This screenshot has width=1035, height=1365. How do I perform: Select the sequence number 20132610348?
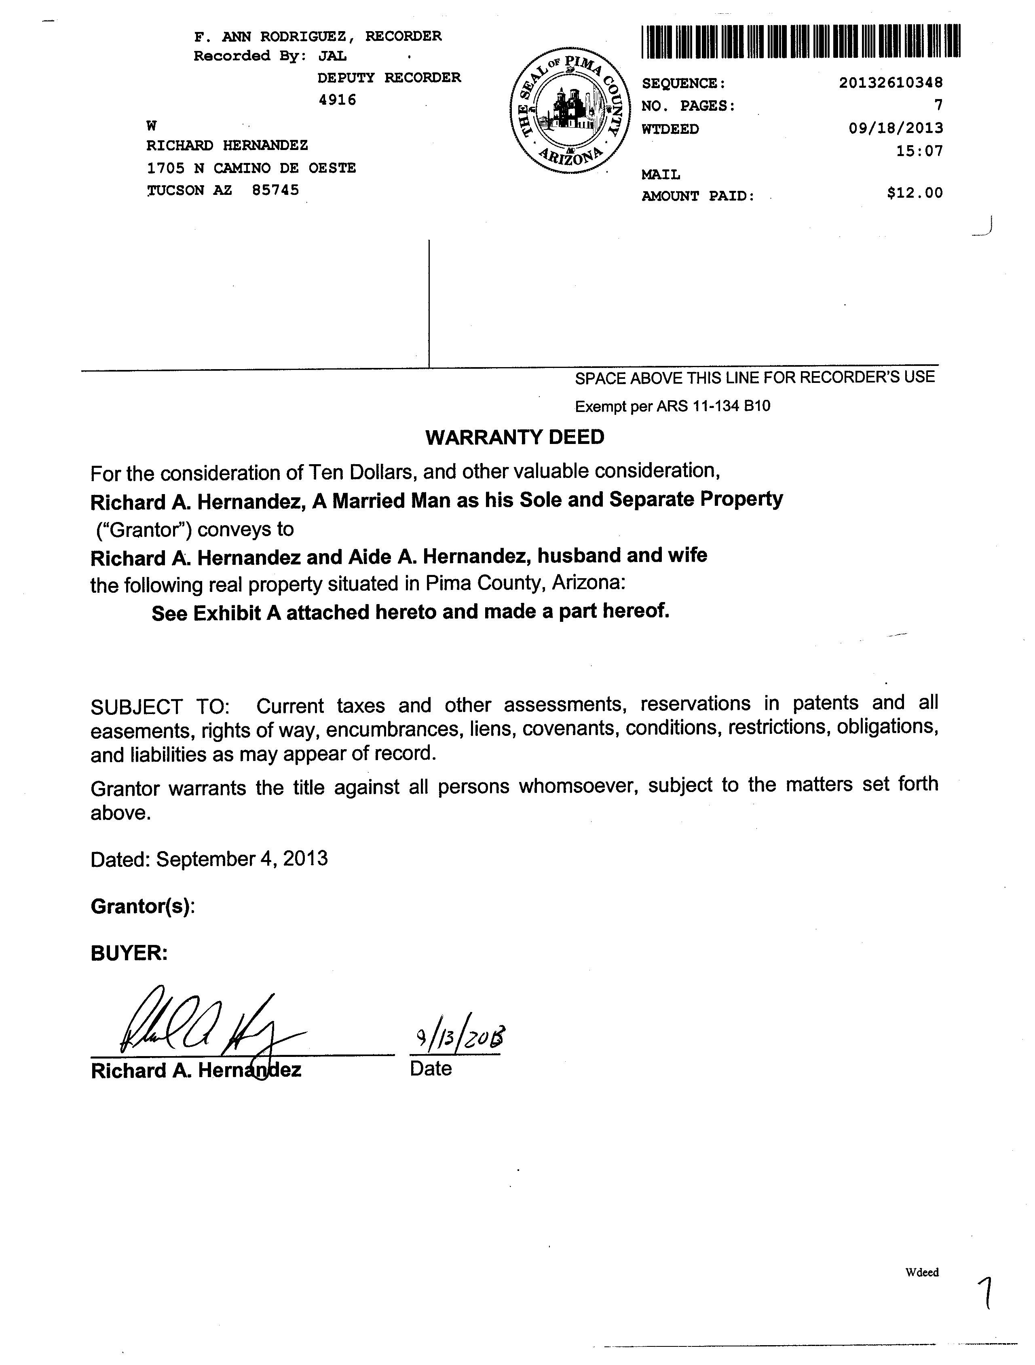(891, 83)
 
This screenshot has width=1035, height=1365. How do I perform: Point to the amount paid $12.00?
(915, 193)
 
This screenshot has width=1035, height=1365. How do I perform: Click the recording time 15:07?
(920, 151)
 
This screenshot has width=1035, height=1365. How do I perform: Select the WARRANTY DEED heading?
(515, 437)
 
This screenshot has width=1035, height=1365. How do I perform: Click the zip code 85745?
(275, 190)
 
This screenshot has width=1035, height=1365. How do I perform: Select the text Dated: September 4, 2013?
(209, 859)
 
